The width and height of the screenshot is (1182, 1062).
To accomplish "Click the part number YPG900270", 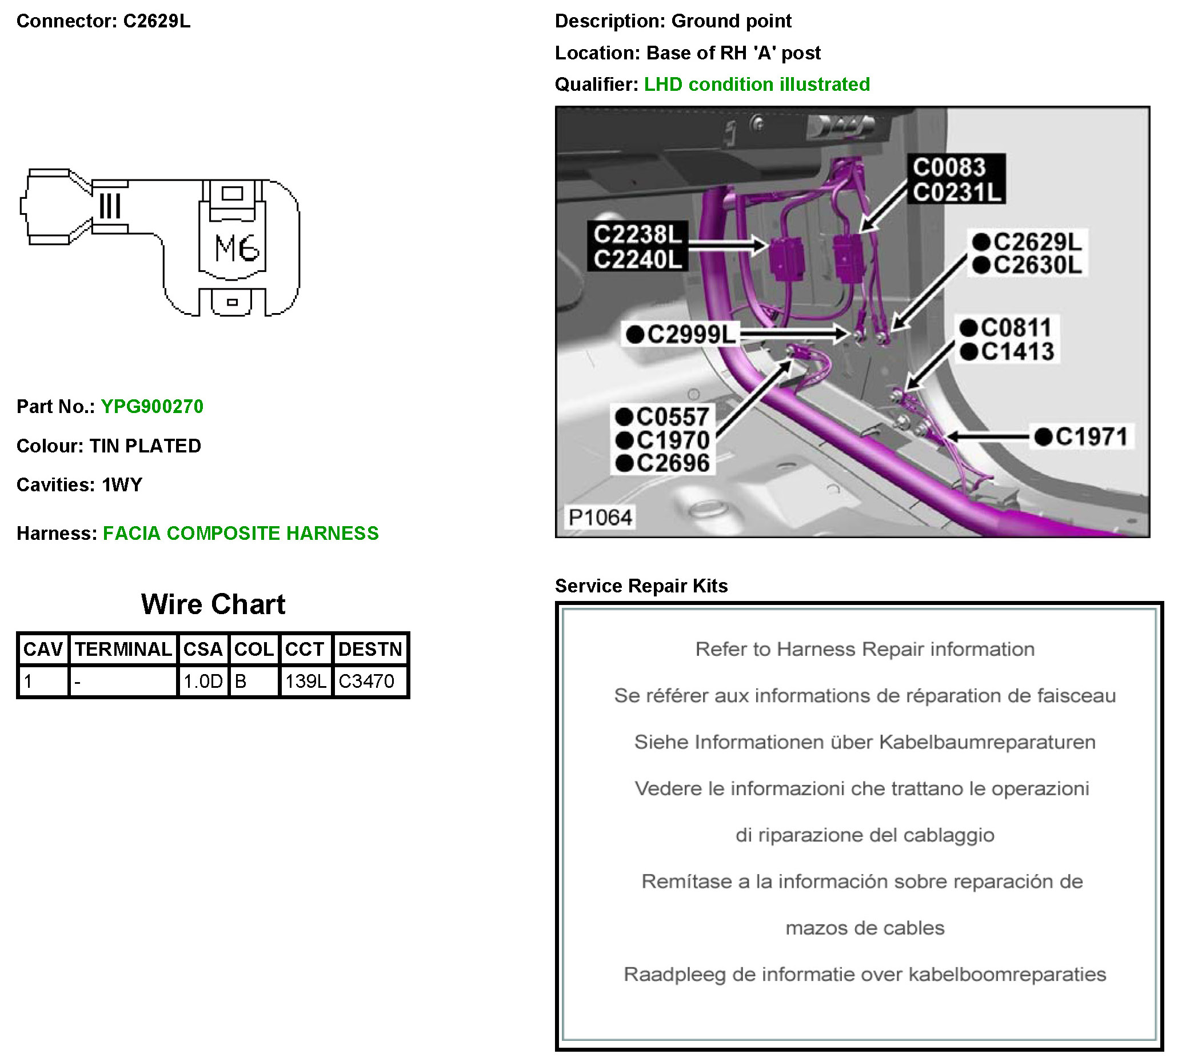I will click(152, 406).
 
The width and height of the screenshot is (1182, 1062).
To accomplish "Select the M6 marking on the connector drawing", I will click(237, 248).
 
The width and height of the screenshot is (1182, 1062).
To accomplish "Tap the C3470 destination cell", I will click(366, 681).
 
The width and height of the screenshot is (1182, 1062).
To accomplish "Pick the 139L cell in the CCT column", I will click(305, 681).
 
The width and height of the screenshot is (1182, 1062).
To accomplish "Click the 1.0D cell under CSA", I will click(202, 681).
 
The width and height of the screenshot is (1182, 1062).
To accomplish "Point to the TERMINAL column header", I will click(123, 649).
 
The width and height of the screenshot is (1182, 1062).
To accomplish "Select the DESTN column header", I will click(370, 649).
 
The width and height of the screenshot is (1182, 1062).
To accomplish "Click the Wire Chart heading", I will click(213, 604).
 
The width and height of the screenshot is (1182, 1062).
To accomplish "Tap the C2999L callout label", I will click(691, 334).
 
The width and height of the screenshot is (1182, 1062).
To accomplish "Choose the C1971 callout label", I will click(1091, 436).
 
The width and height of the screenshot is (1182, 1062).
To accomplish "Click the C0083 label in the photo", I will click(949, 167).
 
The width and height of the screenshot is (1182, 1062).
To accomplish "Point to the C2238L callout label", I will click(637, 235).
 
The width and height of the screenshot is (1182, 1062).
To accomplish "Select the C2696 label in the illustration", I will click(672, 463).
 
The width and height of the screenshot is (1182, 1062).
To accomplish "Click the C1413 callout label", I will click(1017, 352).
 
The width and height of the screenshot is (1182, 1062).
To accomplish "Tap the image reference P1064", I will click(600, 517).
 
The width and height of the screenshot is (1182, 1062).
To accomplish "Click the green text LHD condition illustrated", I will click(757, 85).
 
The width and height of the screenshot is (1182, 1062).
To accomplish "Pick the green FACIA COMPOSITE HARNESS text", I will click(241, 533).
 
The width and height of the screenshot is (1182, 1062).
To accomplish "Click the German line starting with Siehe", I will click(864, 742).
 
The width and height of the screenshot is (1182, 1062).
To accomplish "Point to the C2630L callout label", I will click(1037, 266).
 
